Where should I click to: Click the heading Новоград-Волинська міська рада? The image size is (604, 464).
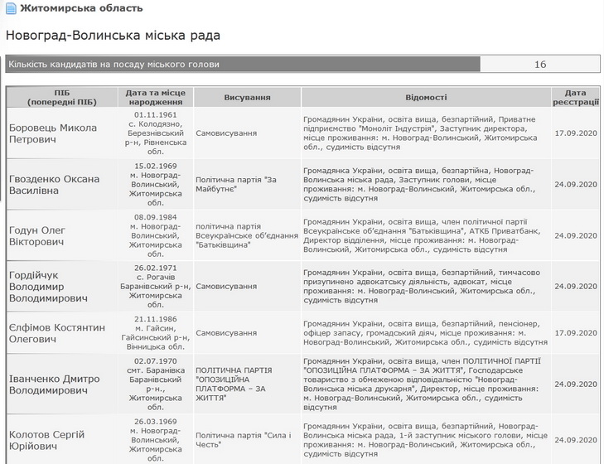click(x=113, y=36)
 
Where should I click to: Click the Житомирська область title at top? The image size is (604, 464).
click(x=80, y=8)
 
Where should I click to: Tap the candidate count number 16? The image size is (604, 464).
click(x=539, y=64)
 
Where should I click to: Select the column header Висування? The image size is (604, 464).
click(x=247, y=97)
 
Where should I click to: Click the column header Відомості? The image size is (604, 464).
click(x=426, y=97)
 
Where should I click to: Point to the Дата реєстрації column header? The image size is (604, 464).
click(x=575, y=97)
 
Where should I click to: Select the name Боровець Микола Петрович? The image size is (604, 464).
click(x=53, y=133)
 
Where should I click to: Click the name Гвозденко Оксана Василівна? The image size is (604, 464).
click(x=55, y=184)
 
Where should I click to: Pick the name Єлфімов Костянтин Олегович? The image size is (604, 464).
click(x=57, y=333)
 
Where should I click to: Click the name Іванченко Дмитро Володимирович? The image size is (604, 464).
click(x=55, y=384)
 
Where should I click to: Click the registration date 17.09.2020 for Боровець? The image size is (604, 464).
click(x=576, y=133)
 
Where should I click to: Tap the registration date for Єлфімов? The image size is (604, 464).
click(x=576, y=333)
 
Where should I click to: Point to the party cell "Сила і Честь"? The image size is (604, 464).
click(x=244, y=439)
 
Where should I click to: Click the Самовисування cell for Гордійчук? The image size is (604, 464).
click(x=226, y=286)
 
